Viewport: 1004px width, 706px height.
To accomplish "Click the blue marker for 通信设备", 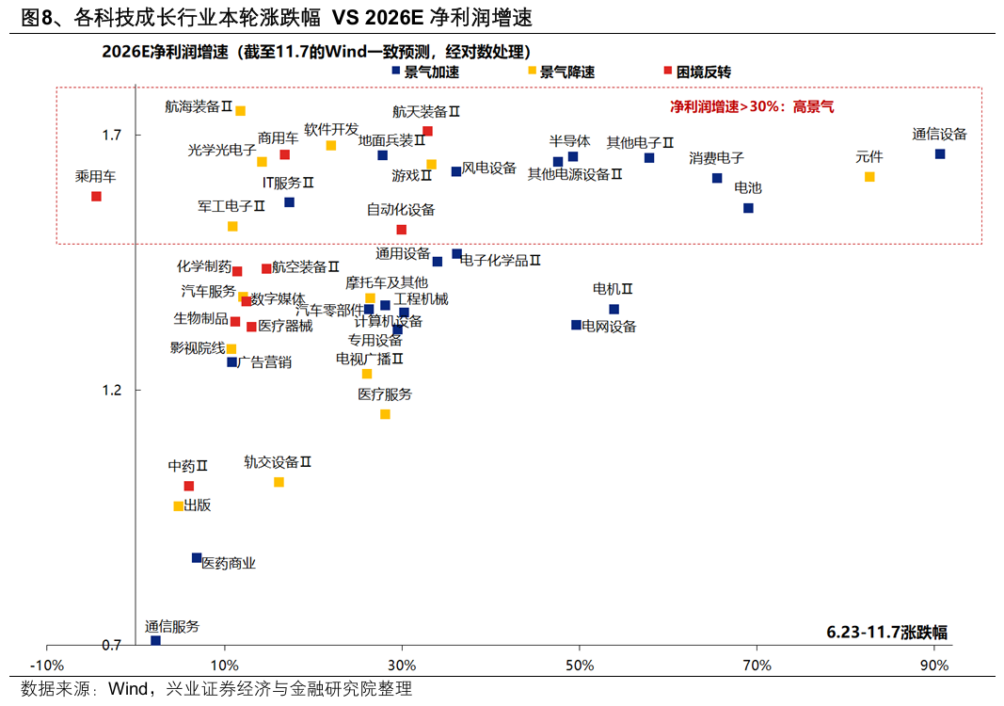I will point(940,153).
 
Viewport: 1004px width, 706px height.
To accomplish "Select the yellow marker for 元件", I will point(869,177).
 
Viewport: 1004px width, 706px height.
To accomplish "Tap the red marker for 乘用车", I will point(96,196).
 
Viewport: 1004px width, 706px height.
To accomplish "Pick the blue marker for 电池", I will point(748,208).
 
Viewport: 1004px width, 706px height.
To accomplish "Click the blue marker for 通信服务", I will point(156,640).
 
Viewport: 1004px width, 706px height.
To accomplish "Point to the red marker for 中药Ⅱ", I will point(188,486).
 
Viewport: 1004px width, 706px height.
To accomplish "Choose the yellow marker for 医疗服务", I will point(385,414).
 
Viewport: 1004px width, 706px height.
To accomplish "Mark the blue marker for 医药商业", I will point(197,557).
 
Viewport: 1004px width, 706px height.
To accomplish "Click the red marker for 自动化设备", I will point(402,229).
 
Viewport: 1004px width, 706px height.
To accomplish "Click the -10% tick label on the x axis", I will point(48,666).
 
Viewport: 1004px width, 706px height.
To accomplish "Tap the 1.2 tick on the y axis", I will point(111,390).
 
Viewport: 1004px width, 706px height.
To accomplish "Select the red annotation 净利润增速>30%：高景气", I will point(752,107).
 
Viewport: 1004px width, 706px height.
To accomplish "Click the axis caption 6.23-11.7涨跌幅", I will point(887,632).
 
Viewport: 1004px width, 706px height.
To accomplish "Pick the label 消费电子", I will point(716,158).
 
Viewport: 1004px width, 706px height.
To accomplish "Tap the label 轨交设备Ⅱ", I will point(278,462).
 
